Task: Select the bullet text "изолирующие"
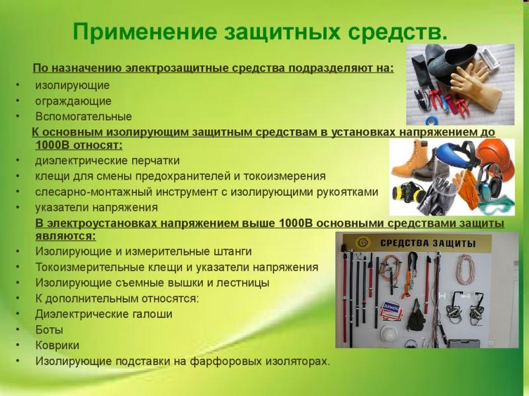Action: click(x=73, y=86)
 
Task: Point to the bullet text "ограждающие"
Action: click(x=73, y=101)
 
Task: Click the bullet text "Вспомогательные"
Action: click(x=84, y=117)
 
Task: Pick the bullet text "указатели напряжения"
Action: click(x=97, y=207)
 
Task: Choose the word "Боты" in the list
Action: click(x=49, y=329)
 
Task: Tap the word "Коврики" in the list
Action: click(x=58, y=345)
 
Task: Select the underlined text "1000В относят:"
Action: click(x=79, y=145)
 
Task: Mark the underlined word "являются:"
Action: click(x=65, y=236)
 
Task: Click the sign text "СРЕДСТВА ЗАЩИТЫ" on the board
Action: click(x=428, y=243)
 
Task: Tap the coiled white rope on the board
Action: click(x=466, y=269)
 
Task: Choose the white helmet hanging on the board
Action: click(x=389, y=335)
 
